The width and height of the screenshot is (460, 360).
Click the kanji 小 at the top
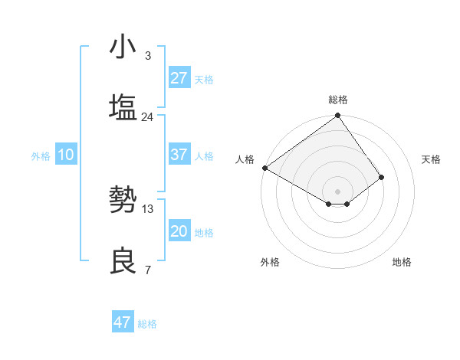pos(123,47)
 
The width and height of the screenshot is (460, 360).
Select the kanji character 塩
pos(123,106)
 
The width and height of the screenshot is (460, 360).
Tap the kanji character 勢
pos(123,200)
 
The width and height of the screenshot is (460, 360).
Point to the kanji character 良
pos(123,260)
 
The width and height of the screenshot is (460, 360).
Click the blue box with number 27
pos(179,78)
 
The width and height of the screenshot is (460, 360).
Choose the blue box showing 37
pos(179,155)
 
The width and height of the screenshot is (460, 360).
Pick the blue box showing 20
pos(179,231)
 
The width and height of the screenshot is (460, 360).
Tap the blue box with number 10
pos(65,155)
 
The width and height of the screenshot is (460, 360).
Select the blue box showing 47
pos(123,322)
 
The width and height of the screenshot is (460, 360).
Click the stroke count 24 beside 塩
pos(147,117)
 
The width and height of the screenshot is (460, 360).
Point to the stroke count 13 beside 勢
pos(147,208)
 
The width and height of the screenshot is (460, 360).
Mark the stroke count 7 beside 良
pos(147,270)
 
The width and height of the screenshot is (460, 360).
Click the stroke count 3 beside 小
pos(147,56)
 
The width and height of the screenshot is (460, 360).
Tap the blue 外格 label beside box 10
pos(41,156)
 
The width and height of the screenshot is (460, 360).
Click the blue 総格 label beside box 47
pos(147,324)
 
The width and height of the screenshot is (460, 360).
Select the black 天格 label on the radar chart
pos(431,159)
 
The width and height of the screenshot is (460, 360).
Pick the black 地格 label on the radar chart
pos(402,262)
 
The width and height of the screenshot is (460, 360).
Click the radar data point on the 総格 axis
pos(337,116)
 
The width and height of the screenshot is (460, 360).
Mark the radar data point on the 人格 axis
pos(264,168)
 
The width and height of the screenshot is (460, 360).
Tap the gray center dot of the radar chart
pos(337,191)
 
